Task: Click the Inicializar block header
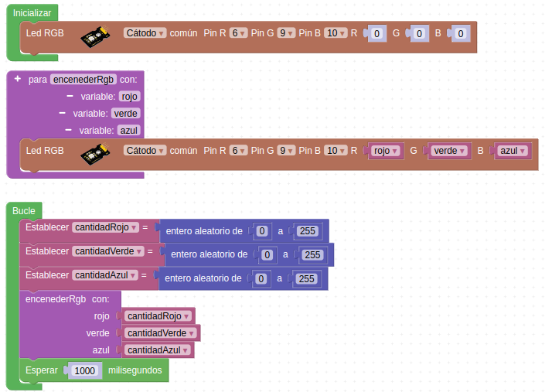32,13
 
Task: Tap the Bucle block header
24,210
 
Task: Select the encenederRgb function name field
83,80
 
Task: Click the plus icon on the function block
17,79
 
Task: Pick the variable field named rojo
128,97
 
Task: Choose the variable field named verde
124,113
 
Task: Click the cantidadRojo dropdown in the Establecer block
105,227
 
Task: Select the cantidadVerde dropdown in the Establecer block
107,251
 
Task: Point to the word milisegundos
135,371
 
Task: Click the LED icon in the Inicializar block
95,35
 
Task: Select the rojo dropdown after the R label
384,151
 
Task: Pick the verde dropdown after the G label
448,151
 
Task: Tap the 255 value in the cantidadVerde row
312,255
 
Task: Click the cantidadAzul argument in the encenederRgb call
157,350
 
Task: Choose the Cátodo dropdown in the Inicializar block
145,33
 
